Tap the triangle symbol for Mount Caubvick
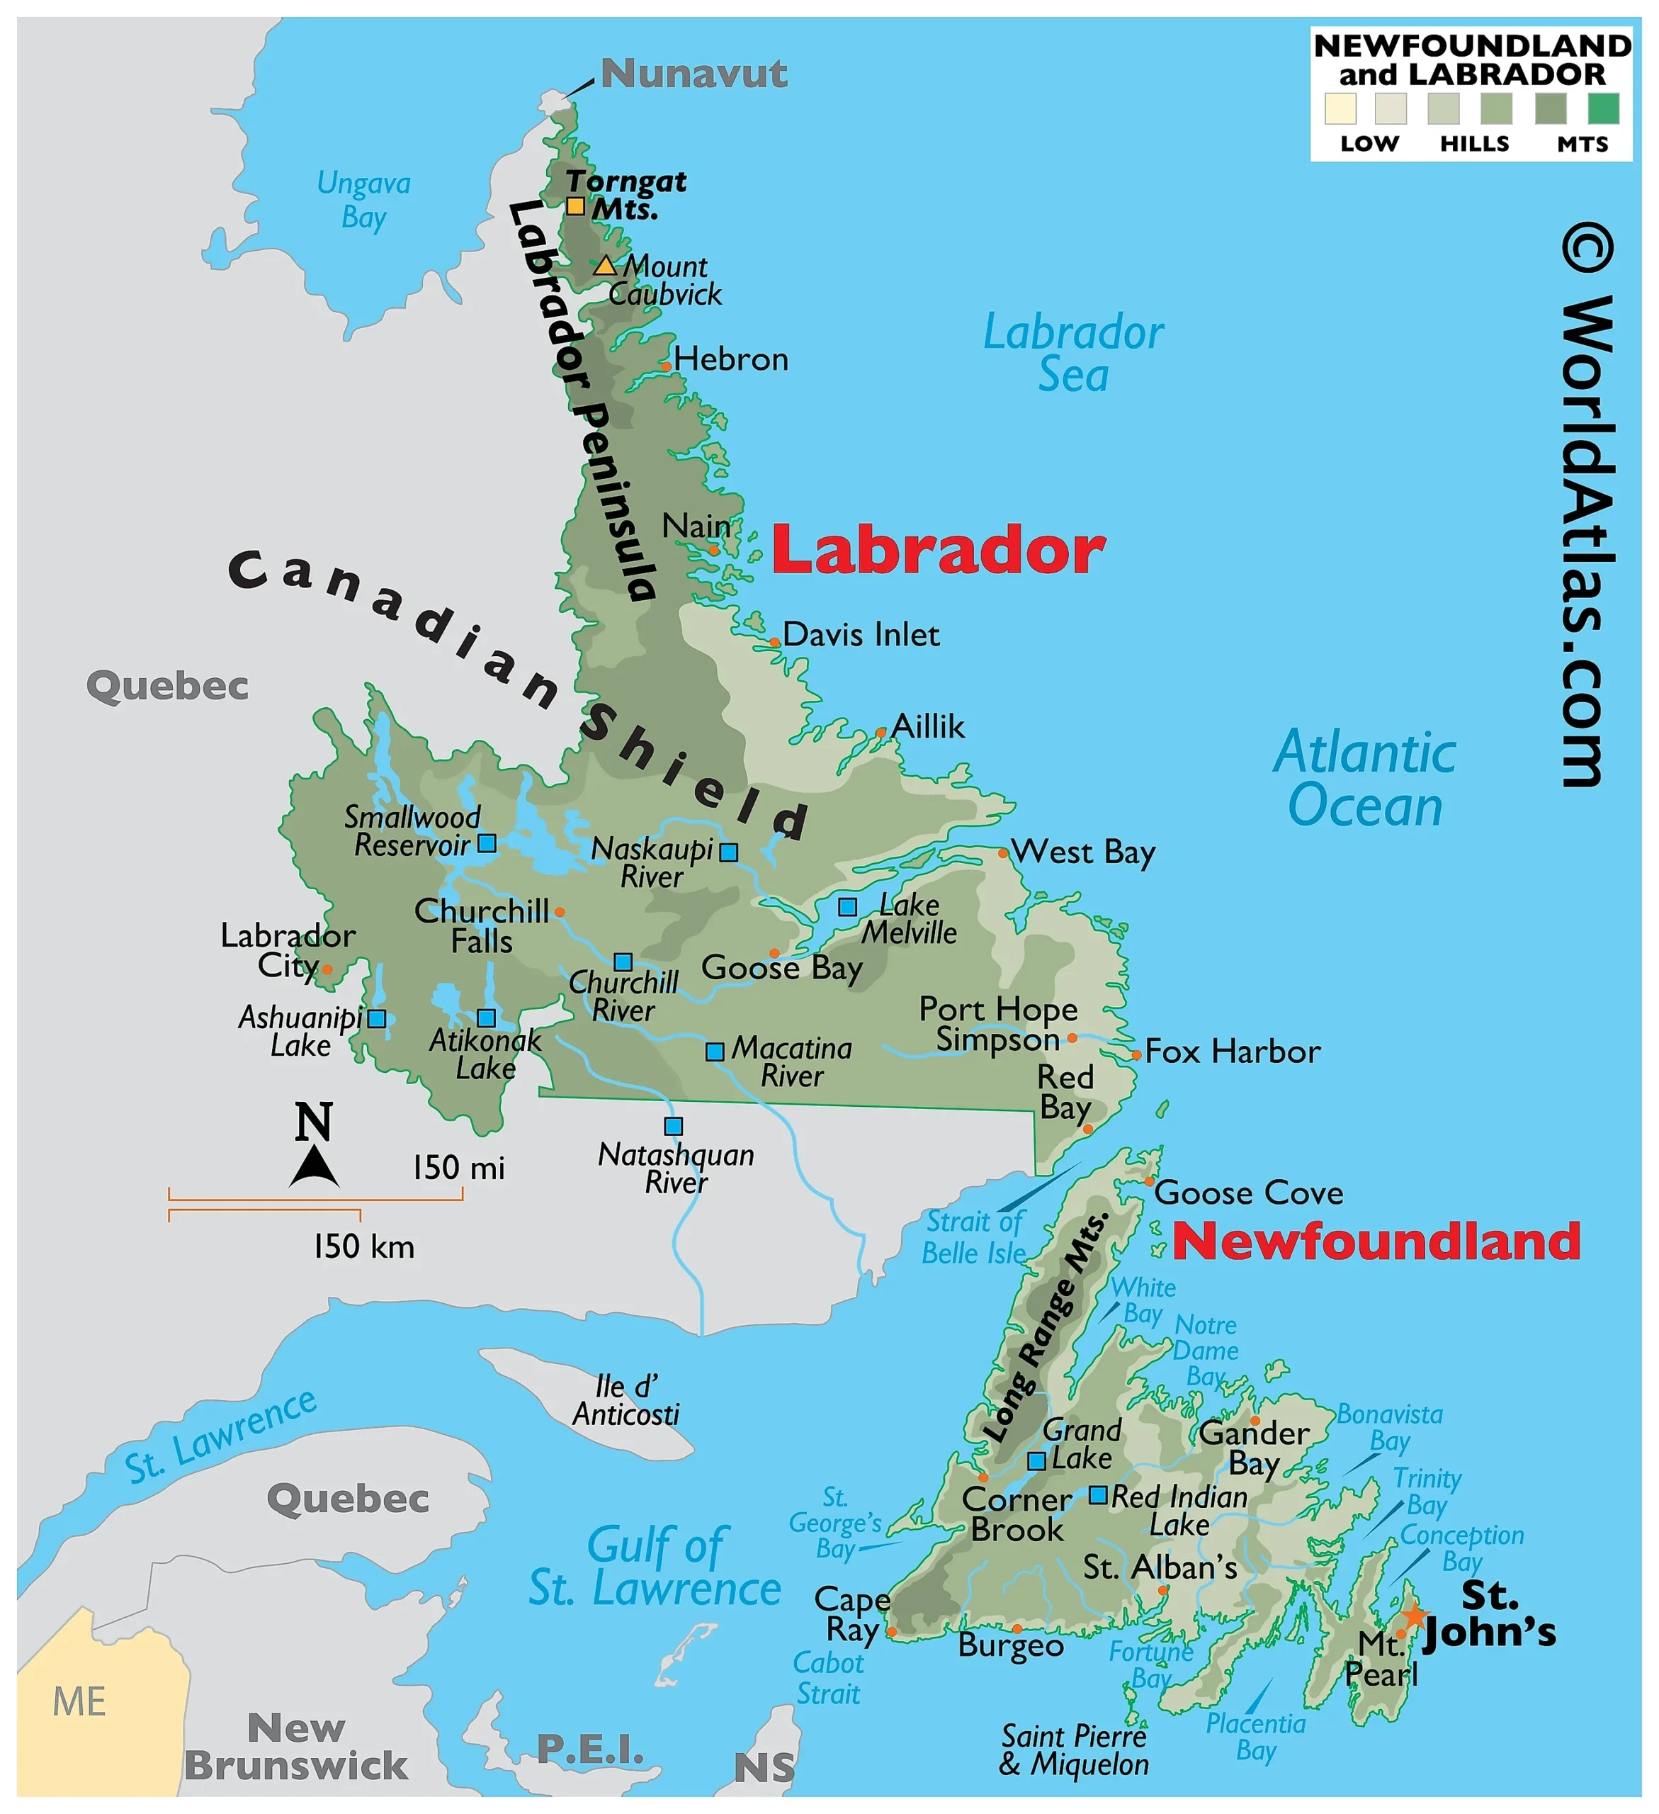(604, 266)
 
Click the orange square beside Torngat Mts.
(576, 206)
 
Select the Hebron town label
(730, 359)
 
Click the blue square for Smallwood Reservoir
(487, 843)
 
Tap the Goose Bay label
(781, 968)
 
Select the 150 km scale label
(363, 1247)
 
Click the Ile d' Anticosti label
(626, 1400)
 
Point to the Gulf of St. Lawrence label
(655, 1567)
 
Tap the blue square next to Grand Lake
(1036, 1461)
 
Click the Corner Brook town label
(1017, 1514)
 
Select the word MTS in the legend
(1582, 144)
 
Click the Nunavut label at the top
(693, 73)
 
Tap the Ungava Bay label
(363, 200)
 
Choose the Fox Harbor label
(1232, 1051)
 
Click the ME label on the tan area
(79, 1701)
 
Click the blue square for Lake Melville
(847, 907)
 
